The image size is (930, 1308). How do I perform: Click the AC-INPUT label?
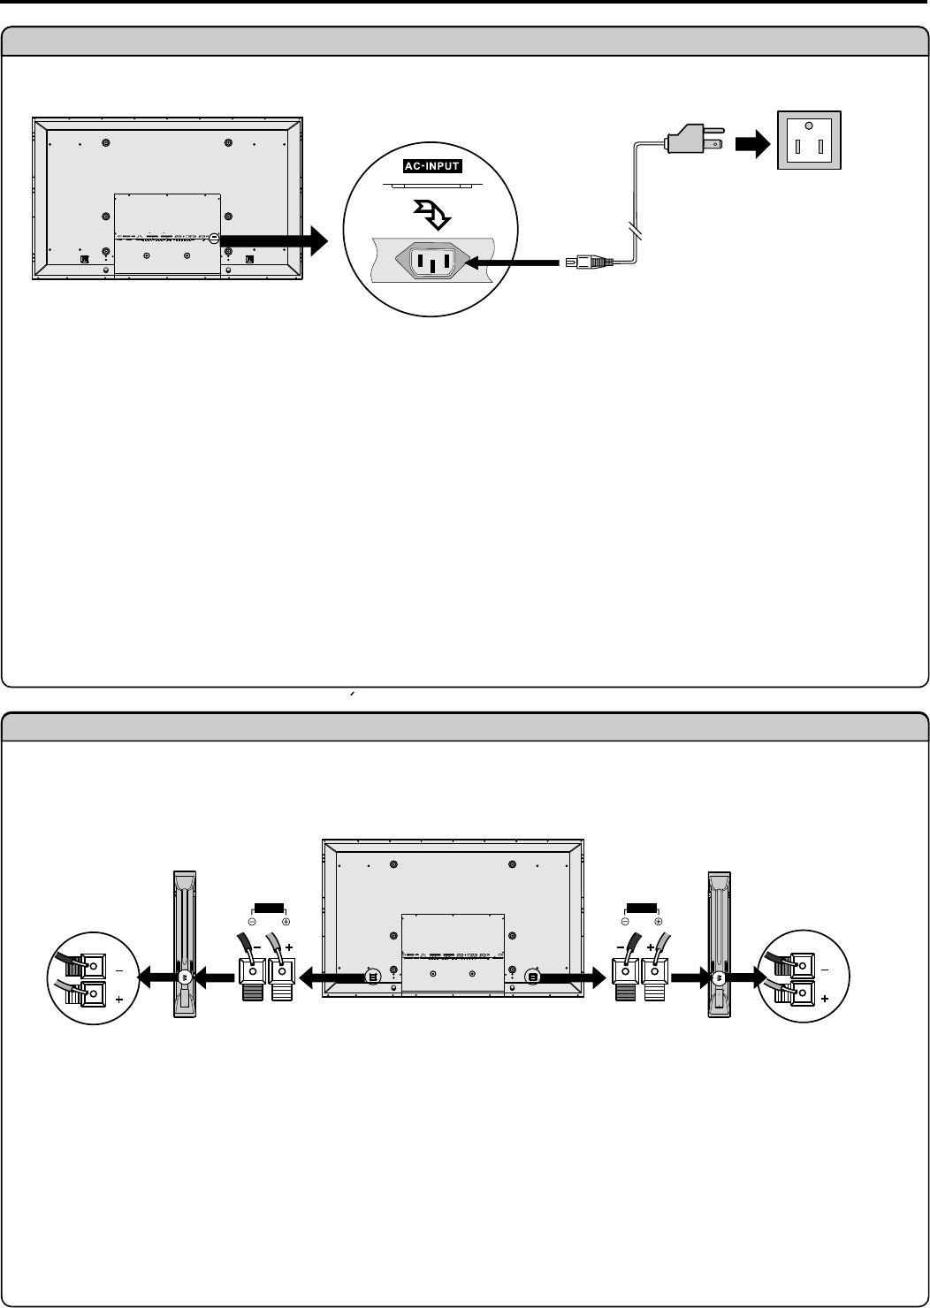pyautogui.click(x=432, y=166)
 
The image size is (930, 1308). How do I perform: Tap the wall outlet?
pyautogui.click(x=808, y=140)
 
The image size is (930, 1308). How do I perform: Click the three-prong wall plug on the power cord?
pyautogui.click(x=690, y=141)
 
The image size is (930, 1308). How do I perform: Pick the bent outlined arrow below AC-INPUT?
pyautogui.click(x=431, y=212)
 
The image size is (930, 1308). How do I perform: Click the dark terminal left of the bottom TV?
pyautogui.click(x=253, y=980)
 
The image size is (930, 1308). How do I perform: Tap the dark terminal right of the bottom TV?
pyautogui.click(x=625, y=980)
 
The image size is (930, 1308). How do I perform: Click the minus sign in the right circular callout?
pyautogui.click(x=825, y=970)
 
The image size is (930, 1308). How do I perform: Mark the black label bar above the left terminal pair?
pyautogui.click(x=269, y=907)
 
